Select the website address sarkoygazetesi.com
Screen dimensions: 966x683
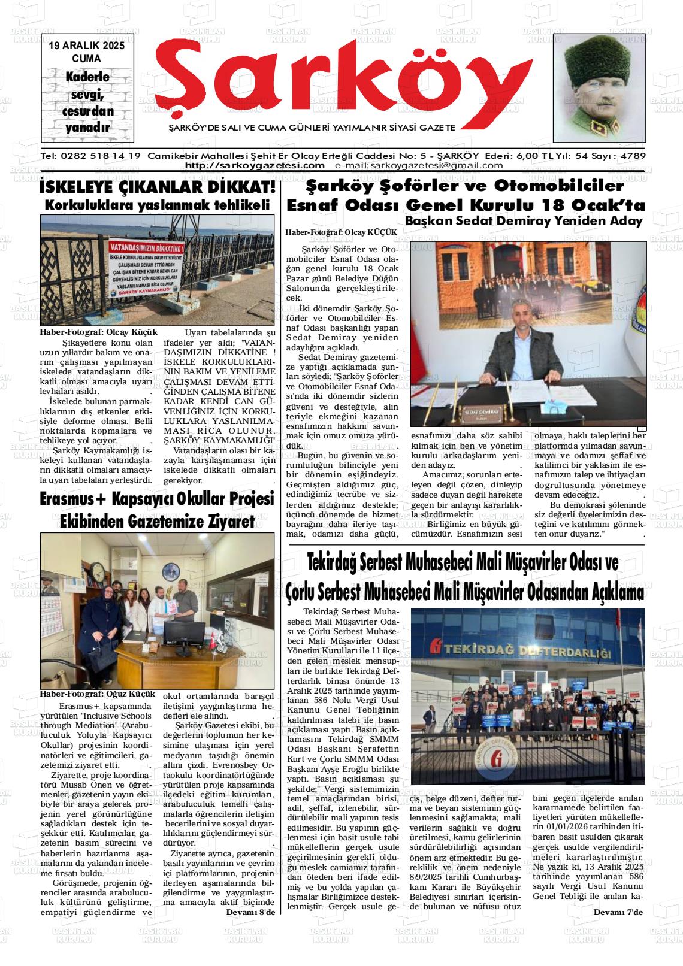tap(255, 166)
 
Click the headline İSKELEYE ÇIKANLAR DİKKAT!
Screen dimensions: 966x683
tap(158, 187)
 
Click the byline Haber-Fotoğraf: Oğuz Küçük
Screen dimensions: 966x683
tap(97, 694)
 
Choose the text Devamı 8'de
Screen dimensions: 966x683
tap(250, 912)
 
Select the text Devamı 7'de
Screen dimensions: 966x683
tap(618, 912)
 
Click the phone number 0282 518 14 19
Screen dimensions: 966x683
tap(100, 156)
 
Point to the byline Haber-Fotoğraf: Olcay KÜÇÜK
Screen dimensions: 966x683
tap(341, 232)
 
